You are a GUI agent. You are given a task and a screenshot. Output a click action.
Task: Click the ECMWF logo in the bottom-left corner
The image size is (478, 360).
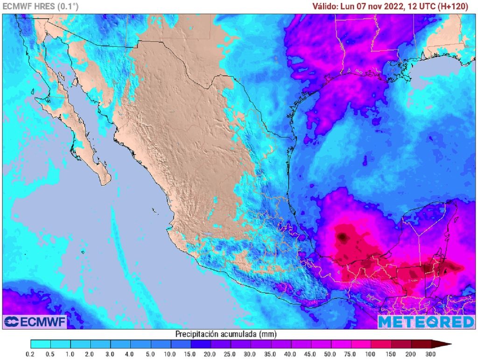coord(35,321)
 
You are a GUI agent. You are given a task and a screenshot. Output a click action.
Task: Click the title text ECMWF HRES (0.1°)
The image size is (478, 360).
coord(41,7)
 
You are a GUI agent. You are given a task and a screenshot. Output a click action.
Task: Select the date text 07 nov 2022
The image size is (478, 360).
coord(382,7)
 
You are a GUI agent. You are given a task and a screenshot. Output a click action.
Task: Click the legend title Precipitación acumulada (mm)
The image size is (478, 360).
coord(225,334)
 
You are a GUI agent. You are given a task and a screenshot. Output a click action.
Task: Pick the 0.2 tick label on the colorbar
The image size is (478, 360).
coord(31,354)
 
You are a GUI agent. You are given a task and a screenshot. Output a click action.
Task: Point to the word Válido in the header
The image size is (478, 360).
coord(326,7)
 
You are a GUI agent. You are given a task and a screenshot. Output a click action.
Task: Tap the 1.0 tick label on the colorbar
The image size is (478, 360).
coord(70,354)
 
